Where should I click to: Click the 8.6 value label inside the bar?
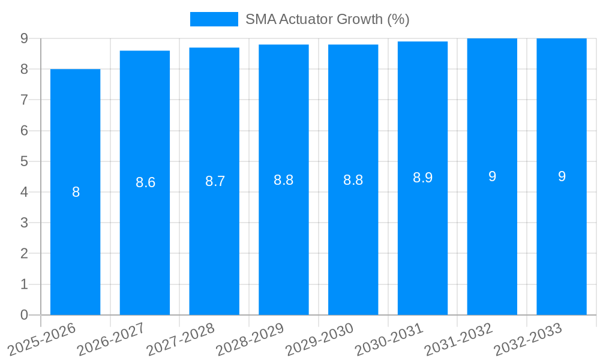pos(145,182)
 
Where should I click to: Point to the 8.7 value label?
pos(215,181)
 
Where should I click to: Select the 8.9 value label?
pos(422,178)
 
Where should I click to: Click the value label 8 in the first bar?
pos(76,193)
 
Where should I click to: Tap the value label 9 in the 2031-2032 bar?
pos(492,176)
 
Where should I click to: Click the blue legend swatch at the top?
pos(214,19)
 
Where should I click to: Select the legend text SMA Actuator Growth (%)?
pos(327,19)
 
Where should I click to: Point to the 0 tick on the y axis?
pos(24,315)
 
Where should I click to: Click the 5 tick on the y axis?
pos(24,161)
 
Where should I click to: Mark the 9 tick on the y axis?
pos(24,38)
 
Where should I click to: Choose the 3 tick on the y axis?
pos(24,223)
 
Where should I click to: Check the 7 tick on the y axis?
pos(24,100)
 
